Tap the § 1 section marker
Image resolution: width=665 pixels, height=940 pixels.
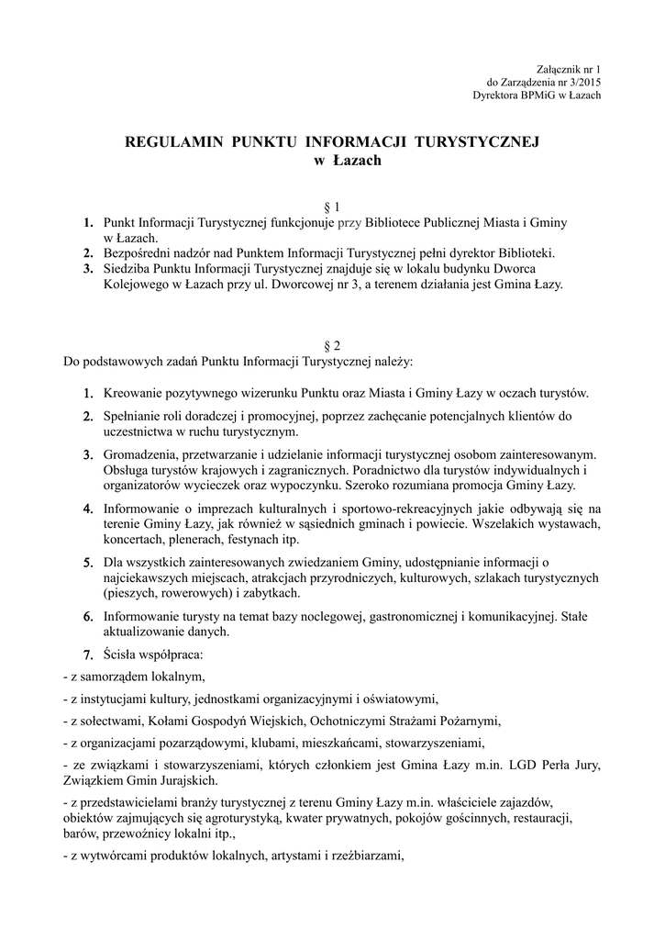click(x=332, y=207)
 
